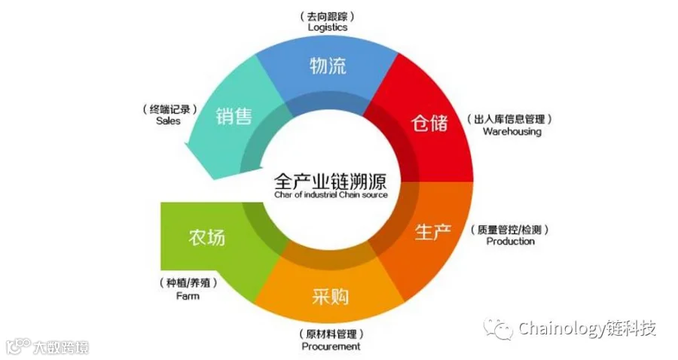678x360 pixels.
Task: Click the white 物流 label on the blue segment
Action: click(x=328, y=66)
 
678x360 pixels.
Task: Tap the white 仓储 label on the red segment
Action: click(x=429, y=124)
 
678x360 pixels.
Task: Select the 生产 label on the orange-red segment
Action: click(x=433, y=232)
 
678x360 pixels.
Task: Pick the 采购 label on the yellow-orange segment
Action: click(x=331, y=297)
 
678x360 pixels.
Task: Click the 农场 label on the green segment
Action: click(x=206, y=237)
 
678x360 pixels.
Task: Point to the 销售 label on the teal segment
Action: click(x=234, y=116)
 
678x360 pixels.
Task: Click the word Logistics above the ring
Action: click(x=328, y=27)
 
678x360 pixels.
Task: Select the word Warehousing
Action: click(x=512, y=131)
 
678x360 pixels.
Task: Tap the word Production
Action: click(x=510, y=241)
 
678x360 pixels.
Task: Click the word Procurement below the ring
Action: click(x=331, y=346)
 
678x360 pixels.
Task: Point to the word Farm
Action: click(x=188, y=296)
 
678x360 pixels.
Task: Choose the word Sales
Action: click(x=168, y=121)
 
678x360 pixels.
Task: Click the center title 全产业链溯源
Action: click(x=331, y=181)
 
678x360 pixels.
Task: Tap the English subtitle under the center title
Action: click(x=331, y=195)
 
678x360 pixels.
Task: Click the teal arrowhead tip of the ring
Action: click(x=212, y=178)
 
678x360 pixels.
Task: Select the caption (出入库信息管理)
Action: click(x=510, y=119)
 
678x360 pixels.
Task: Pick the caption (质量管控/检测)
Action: click(x=510, y=230)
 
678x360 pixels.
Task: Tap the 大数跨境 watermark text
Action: click(x=61, y=347)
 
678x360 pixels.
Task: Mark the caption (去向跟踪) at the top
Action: click(x=328, y=17)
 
